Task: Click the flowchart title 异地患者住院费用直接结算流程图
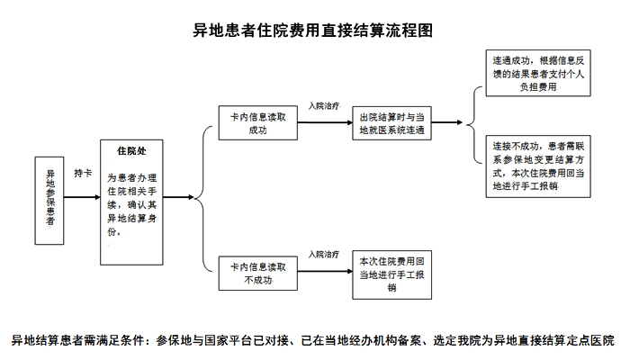pos(314,31)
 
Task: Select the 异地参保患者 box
pos(50,199)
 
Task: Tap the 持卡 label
pos(83,172)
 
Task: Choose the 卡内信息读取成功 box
pos(257,123)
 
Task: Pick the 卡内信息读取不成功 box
pos(257,273)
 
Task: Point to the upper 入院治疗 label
pos(323,106)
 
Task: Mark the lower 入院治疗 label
pos(323,256)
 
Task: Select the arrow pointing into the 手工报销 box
pos(323,273)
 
